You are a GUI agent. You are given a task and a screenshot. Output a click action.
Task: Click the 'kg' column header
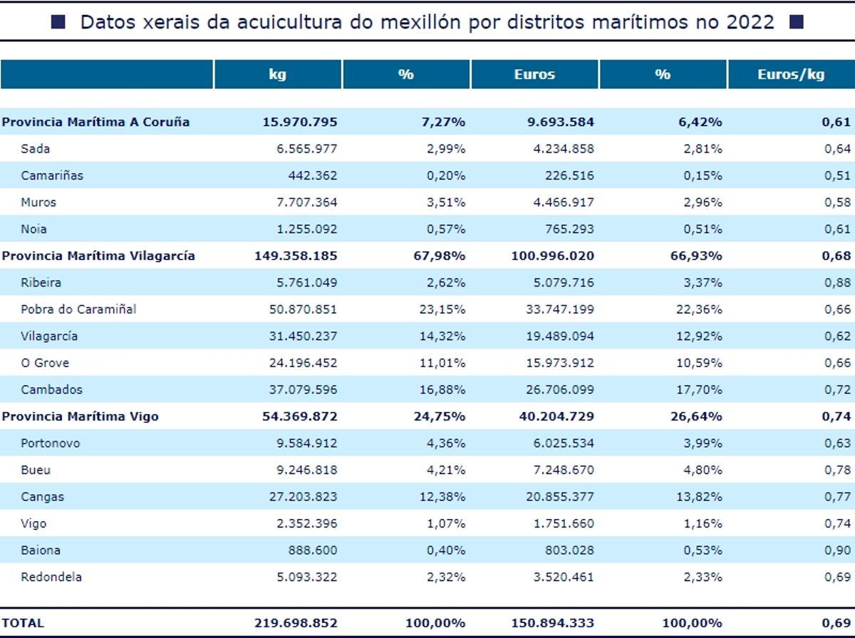click(x=278, y=74)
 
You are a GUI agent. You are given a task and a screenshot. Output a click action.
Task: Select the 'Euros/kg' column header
click(x=791, y=74)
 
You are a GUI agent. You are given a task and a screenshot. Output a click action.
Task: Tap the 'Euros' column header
click(x=534, y=74)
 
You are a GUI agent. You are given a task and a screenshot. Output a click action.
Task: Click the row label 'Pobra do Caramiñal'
click(x=78, y=309)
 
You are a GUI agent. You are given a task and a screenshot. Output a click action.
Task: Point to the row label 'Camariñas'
click(x=52, y=175)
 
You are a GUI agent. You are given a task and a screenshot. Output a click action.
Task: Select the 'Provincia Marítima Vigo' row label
click(x=80, y=416)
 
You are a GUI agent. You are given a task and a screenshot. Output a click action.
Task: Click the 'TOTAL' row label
click(x=22, y=622)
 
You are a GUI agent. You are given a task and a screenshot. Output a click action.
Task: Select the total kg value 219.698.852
click(x=296, y=622)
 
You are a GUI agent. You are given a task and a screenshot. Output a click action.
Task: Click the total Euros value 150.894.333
click(x=552, y=622)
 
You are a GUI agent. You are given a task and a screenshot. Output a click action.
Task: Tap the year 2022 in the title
click(x=750, y=22)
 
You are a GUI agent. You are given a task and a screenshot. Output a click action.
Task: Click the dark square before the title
click(x=58, y=22)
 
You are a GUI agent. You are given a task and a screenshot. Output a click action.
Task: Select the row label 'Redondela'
click(x=51, y=577)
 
